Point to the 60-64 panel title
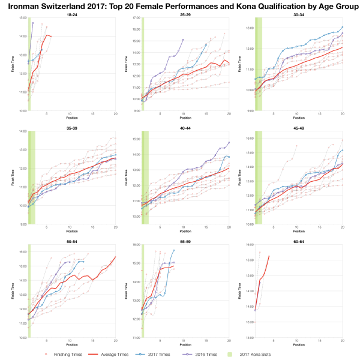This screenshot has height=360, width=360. click(298, 241)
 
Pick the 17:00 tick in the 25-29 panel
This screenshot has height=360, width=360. click(136, 19)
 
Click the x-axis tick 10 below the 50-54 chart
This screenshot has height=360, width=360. click(70, 342)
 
